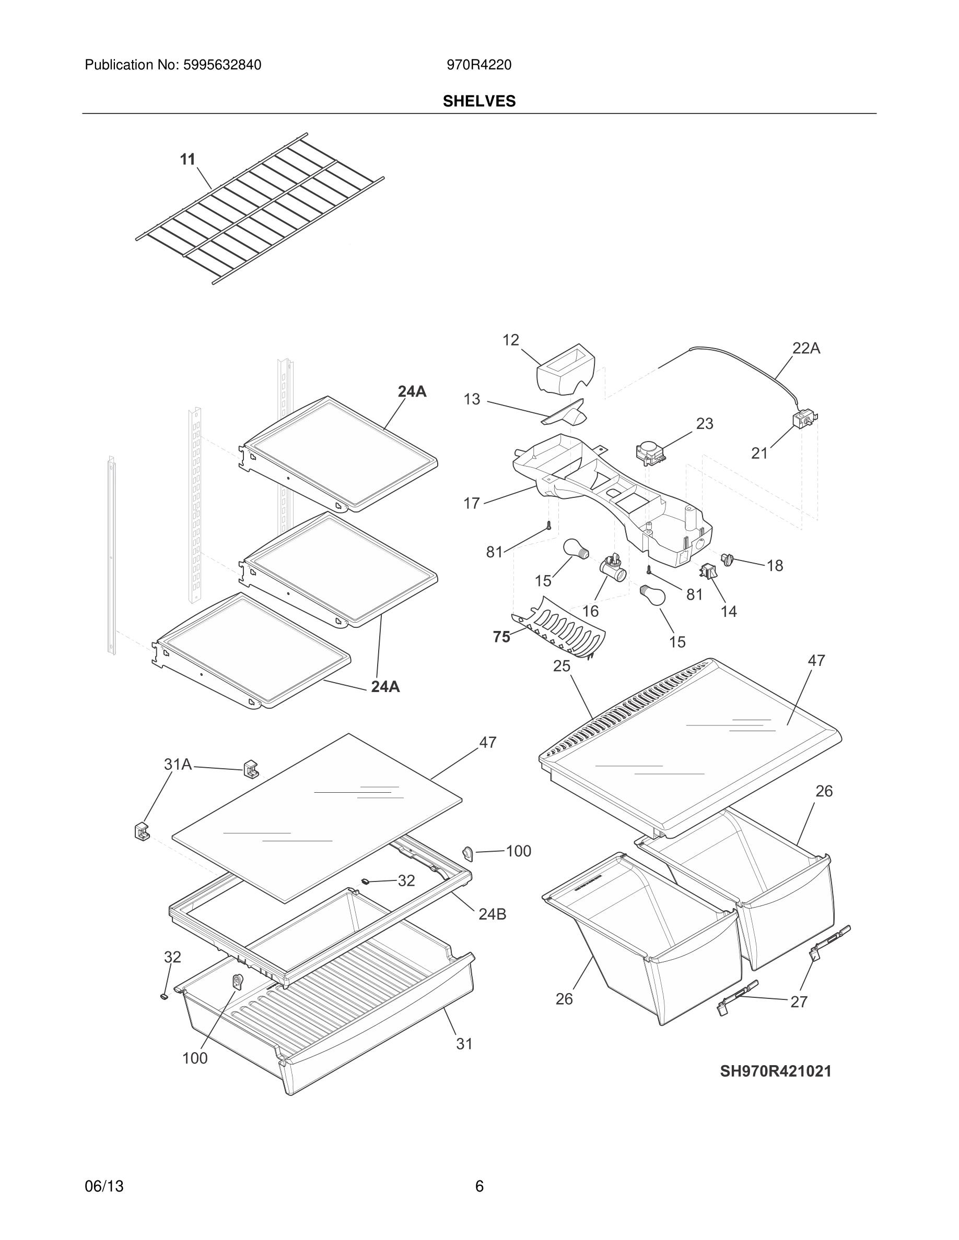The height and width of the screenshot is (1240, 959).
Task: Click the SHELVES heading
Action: [479, 101]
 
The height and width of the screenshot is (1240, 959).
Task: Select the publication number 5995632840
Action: [221, 65]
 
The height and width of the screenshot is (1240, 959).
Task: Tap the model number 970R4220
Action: [478, 65]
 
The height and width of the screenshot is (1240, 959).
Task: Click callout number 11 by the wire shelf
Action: [188, 160]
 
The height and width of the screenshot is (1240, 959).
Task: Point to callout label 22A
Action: [805, 349]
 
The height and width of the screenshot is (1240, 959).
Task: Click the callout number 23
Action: [705, 424]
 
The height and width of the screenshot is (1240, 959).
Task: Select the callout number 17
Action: [472, 503]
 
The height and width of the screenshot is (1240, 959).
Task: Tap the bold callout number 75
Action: [501, 637]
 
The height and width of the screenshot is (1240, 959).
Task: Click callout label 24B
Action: [492, 914]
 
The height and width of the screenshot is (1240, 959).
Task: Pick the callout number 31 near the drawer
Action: [464, 1044]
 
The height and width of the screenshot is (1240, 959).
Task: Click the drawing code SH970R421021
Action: [776, 1071]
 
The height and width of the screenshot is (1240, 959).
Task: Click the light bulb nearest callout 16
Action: [576, 549]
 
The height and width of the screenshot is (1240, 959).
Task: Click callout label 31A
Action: [178, 765]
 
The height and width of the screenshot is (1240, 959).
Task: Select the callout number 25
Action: [562, 666]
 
